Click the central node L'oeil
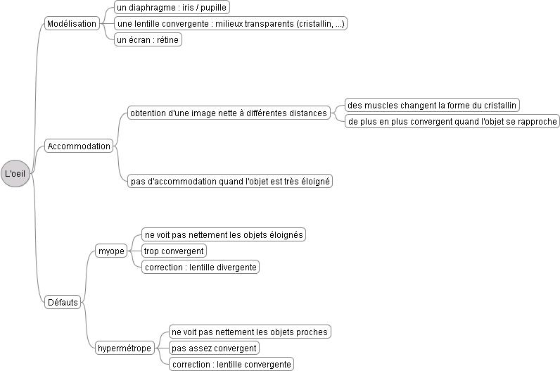(x=15, y=173)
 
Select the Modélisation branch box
(x=72, y=24)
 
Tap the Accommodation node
(x=79, y=146)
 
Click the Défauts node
(x=63, y=302)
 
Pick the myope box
(x=111, y=251)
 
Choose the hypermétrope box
(x=125, y=348)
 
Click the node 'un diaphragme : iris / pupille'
(x=172, y=7)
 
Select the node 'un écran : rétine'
(x=148, y=39)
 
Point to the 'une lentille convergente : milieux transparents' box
(x=230, y=24)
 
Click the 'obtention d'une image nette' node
(x=229, y=113)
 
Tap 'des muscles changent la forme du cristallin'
(x=432, y=105)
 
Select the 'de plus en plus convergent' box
(x=452, y=121)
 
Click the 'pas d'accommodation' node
(x=230, y=181)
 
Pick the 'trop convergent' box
(x=174, y=251)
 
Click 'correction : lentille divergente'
(x=201, y=267)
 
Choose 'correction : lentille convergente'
(x=231, y=364)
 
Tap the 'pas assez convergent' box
(x=214, y=348)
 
